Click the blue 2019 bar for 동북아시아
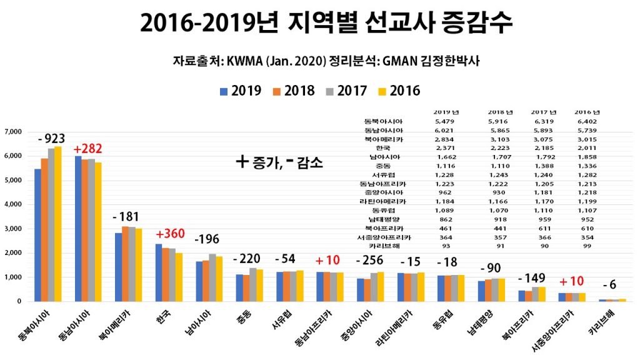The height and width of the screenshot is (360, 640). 37,235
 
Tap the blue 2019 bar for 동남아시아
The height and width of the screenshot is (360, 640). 78,229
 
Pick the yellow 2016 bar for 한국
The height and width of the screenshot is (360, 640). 179,277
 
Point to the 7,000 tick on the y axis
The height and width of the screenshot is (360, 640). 13,132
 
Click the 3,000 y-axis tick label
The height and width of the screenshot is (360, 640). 13,229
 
